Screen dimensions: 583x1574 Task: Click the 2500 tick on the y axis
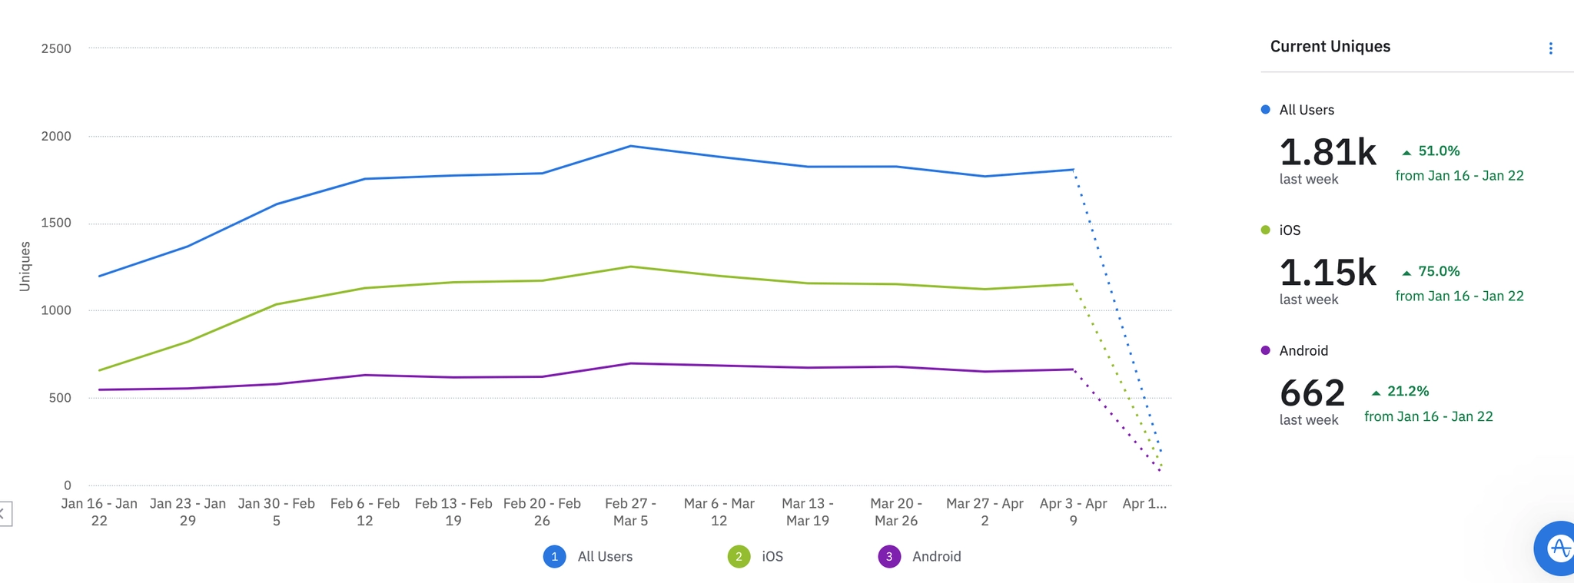click(56, 48)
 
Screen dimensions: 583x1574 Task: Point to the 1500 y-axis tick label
click(56, 223)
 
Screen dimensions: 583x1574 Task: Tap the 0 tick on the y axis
click(68, 485)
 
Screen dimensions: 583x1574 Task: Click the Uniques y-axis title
click(25, 267)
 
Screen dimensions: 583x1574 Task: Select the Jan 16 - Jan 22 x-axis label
click(99, 512)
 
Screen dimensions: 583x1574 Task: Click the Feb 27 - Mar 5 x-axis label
click(630, 512)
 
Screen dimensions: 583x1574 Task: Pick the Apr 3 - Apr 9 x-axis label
click(1073, 512)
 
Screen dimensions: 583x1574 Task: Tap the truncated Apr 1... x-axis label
click(1144, 504)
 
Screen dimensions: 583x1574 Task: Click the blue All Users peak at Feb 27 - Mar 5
click(630, 146)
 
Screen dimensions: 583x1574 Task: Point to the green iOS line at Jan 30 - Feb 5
click(276, 304)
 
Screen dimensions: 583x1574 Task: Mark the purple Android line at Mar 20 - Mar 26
click(895, 366)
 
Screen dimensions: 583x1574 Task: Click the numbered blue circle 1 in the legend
click(554, 556)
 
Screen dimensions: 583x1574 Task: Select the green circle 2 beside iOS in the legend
click(739, 556)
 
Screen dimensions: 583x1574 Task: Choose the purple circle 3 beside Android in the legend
click(889, 556)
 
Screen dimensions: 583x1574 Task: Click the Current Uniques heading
click(1330, 46)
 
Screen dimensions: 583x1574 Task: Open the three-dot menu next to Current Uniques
click(1550, 48)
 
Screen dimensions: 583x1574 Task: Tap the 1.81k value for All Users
click(1327, 152)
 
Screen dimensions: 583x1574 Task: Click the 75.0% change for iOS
click(1438, 271)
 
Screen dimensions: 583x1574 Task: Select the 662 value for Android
click(1312, 393)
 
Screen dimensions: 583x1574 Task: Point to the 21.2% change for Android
click(1407, 391)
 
